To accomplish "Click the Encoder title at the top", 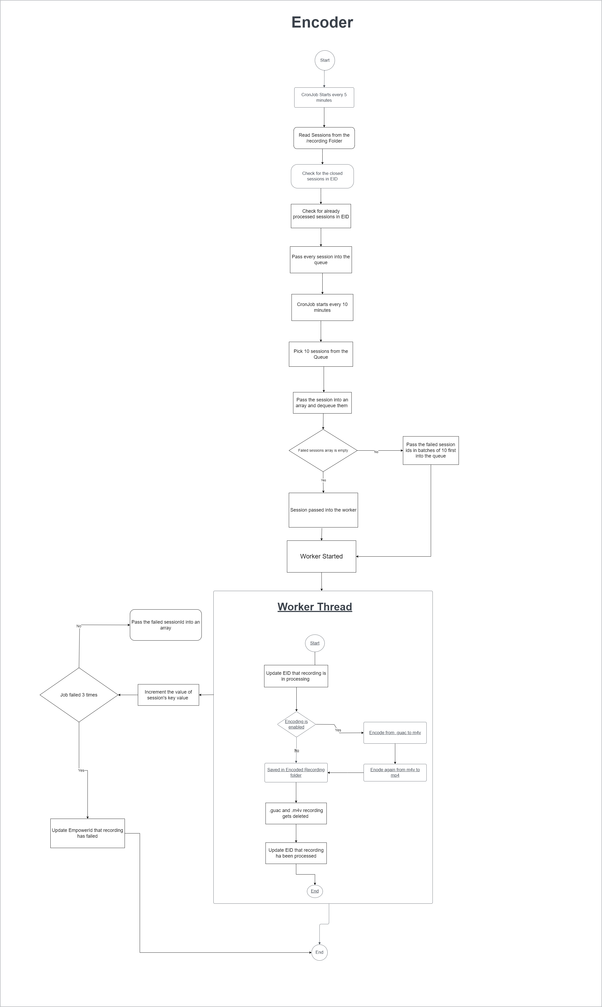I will point(322,22).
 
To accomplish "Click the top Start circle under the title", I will point(324,60).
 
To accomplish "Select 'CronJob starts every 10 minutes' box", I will point(322,308).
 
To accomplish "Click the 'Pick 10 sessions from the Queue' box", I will point(320,354).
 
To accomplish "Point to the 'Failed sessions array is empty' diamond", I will point(323,450).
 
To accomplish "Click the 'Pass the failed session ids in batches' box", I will point(430,450).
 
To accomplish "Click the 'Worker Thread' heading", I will point(314,607).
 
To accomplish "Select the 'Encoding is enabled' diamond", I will point(296,724).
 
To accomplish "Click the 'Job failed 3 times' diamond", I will point(79,695).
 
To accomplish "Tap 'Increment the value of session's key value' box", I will point(168,695).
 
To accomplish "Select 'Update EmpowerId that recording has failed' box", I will point(87,833).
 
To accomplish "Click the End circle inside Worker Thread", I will point(315,891).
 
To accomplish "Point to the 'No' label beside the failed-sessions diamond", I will point(376,452).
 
